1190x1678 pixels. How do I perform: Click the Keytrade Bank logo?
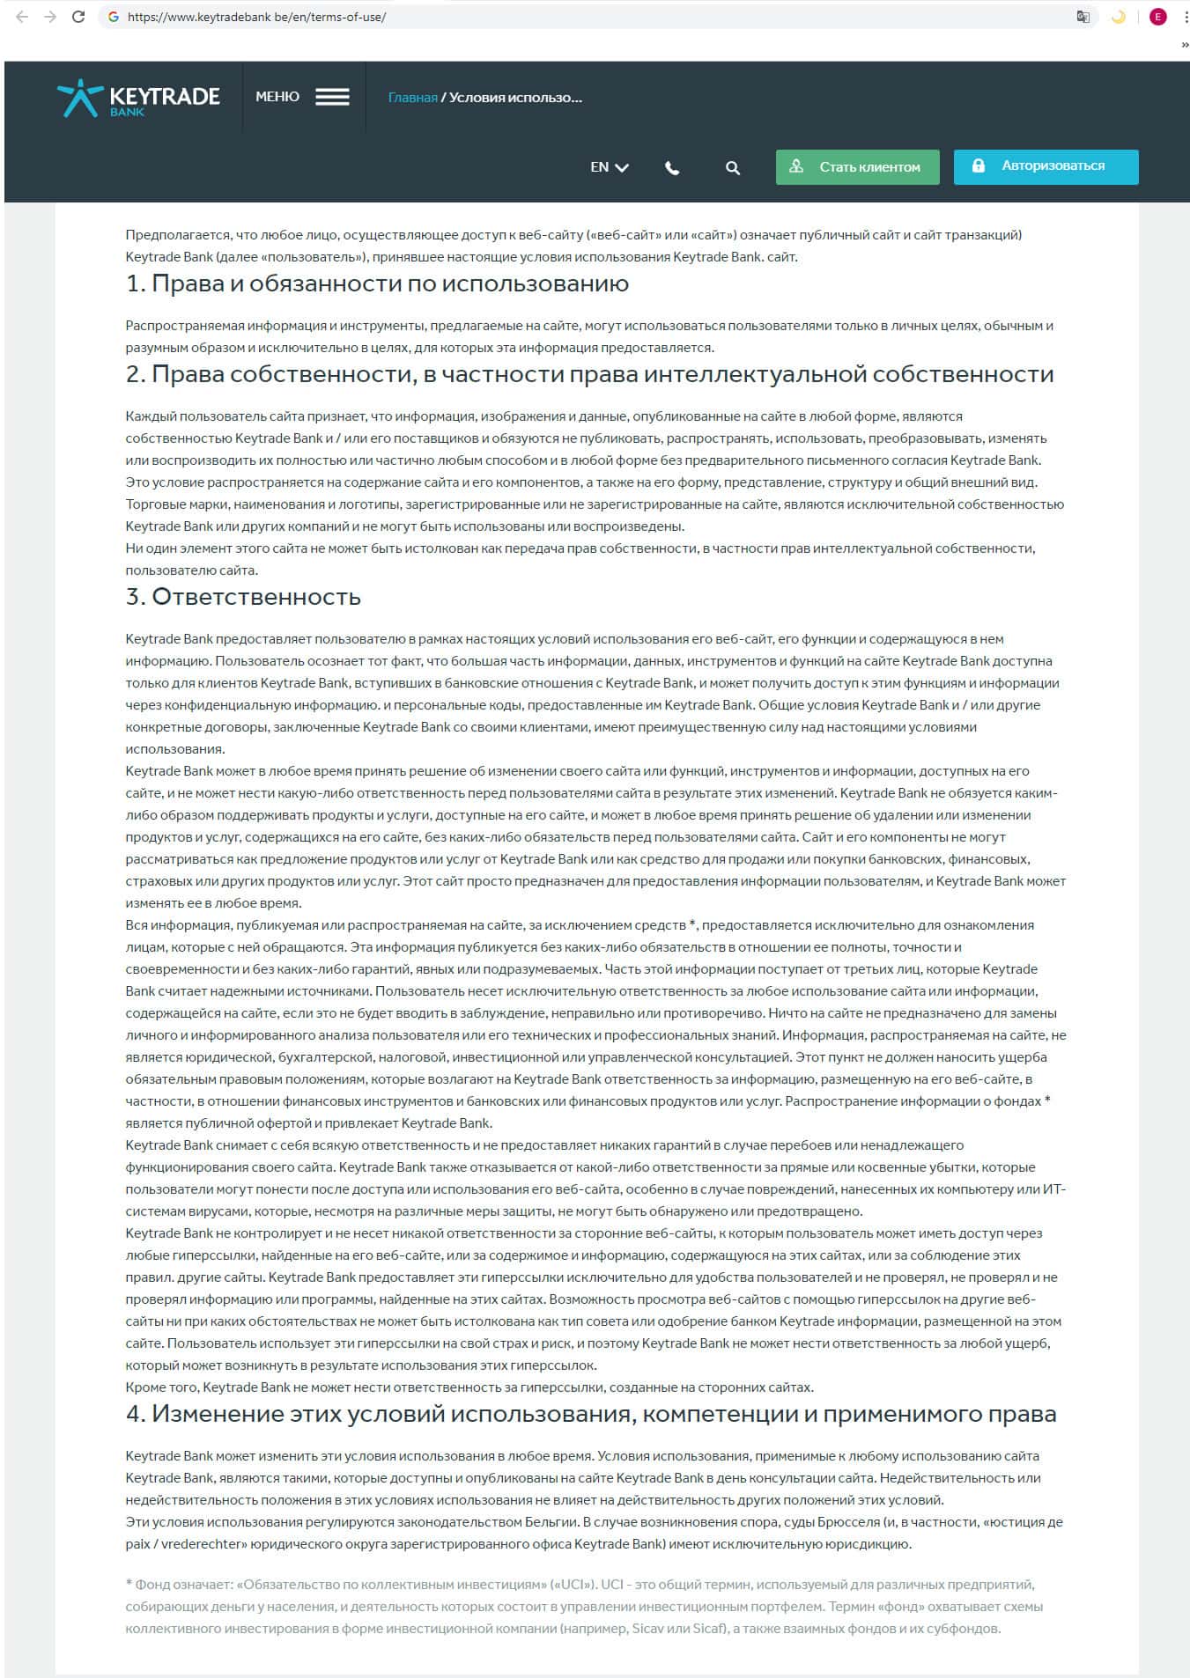(x=138, y=98)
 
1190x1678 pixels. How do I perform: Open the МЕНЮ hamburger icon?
(x=332, y=97)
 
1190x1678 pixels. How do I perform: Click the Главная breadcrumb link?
(x=412, y=98)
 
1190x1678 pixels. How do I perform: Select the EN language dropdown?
(x=609, y=167)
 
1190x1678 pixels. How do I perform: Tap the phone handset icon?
(x=672, y=168)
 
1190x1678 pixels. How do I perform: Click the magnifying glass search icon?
(x=732, y=168)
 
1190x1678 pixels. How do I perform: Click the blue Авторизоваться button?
(x=1046, y=166)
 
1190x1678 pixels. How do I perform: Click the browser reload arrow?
(x=78, y=17)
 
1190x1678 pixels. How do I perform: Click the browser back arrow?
(x=22, y=17)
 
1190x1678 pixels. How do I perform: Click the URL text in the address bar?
(x=256, y=17)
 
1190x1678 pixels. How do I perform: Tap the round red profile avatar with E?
(x=1157, y=17)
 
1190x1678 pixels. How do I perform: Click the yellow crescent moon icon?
(x=1119, y=17)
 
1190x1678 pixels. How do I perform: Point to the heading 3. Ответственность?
(x=243, y=597)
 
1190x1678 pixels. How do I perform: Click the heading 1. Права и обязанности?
(x=377, y=283)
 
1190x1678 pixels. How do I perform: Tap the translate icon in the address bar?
(x=1083, y=17)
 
